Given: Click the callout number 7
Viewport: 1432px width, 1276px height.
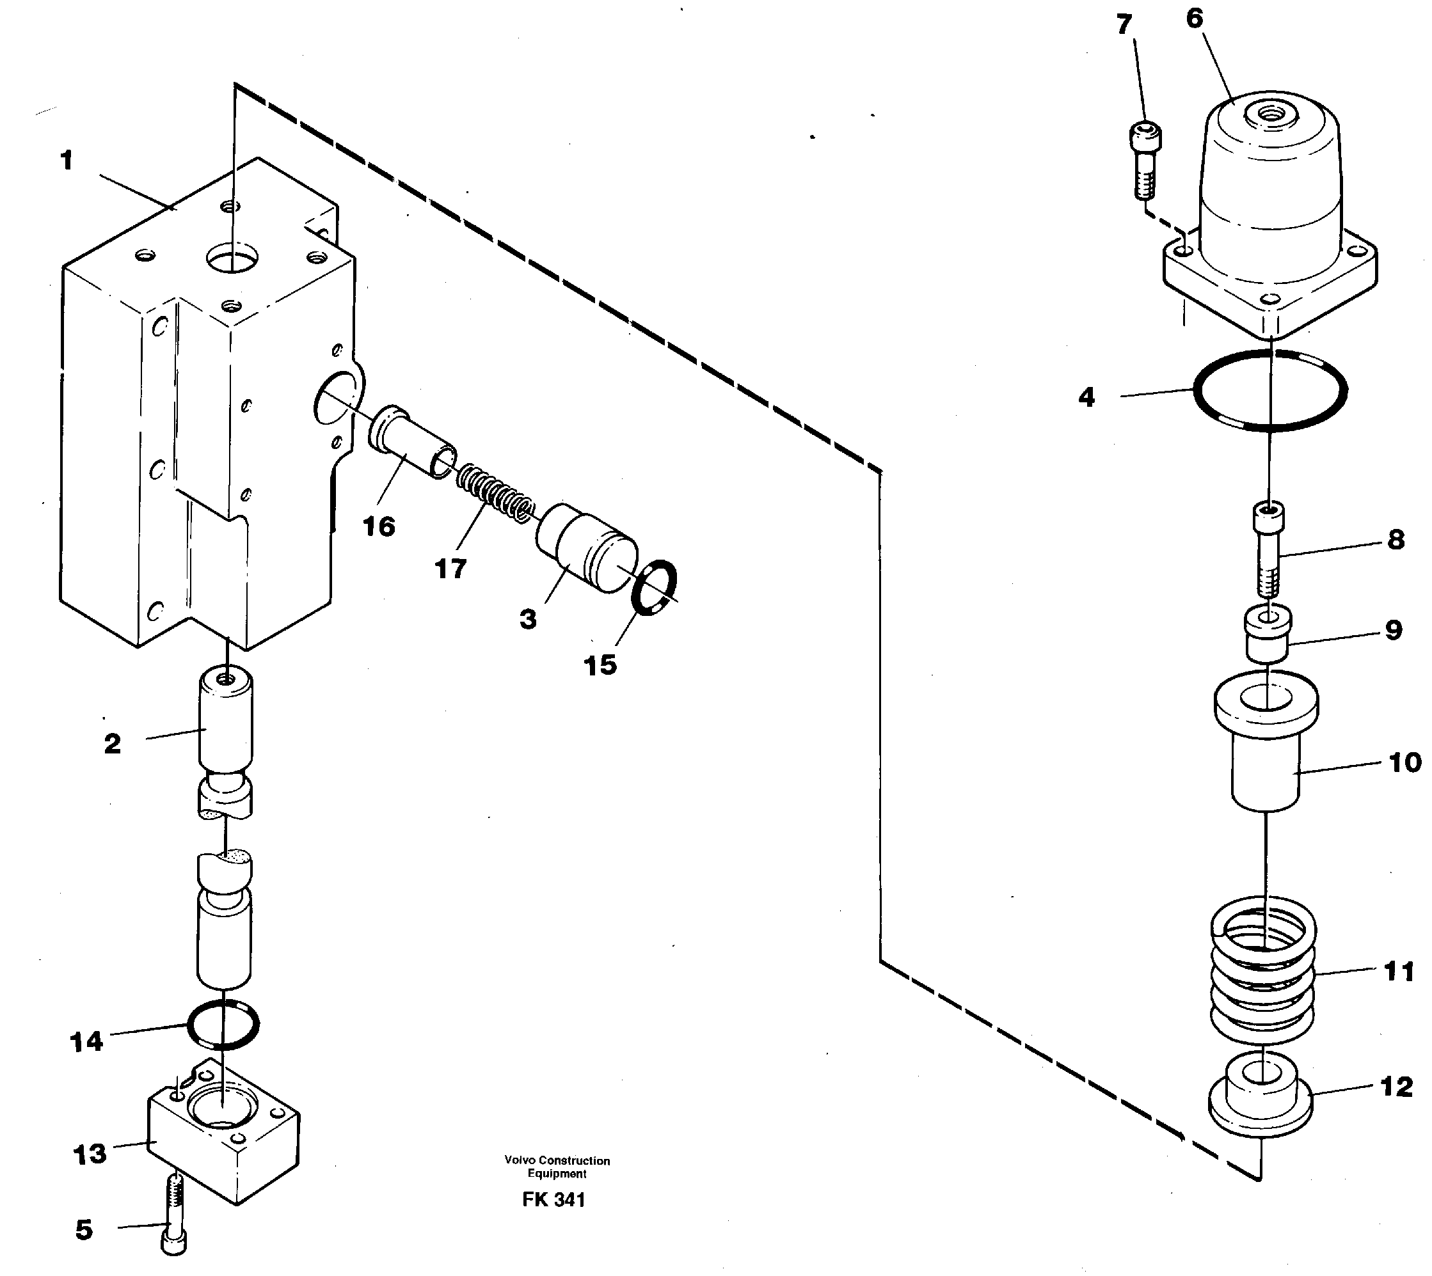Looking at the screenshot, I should click(x=1124, y=25).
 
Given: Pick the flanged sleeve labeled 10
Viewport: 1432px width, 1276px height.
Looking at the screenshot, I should click(x=1266, y=743).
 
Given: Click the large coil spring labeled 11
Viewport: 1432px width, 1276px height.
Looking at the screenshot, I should click(x=1263, y=971).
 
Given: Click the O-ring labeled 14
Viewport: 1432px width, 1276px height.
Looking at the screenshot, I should click(x=224, y=1025).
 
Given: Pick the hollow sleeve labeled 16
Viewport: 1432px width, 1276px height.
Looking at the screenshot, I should click(x=411, y=442).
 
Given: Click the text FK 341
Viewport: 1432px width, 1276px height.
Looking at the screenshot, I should click(x=553, y=1200).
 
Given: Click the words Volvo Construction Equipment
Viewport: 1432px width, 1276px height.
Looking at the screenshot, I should click(x=557, y=1167).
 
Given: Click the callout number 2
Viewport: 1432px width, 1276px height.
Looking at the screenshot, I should click(x=112, y=744).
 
